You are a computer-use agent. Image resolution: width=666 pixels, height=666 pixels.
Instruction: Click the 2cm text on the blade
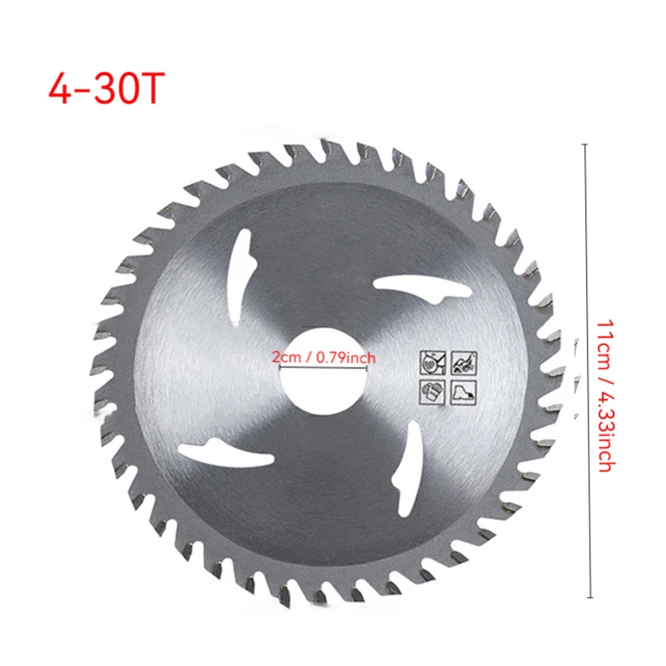point(288,357)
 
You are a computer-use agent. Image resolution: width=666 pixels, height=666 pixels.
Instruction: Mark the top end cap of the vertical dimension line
point(590,144)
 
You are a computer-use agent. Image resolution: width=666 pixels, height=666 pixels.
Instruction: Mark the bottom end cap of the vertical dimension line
point(590,597)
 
